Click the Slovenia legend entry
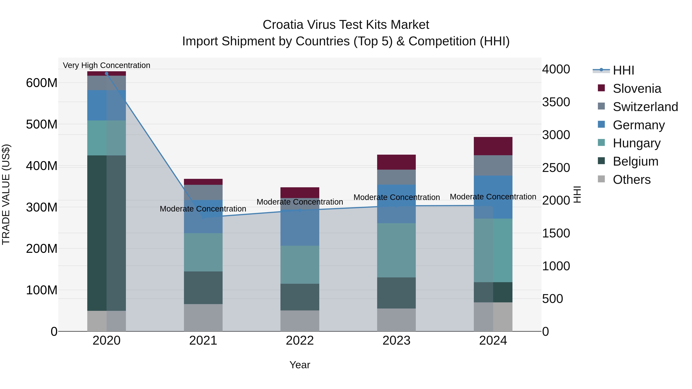[636, 89]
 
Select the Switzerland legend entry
[645, 107]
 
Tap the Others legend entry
[631, 180]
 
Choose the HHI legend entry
[623, 70]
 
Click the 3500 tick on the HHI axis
[556, 102]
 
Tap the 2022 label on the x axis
[300, 341]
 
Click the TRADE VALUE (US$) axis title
[6, 194]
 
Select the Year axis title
[300, 365]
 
